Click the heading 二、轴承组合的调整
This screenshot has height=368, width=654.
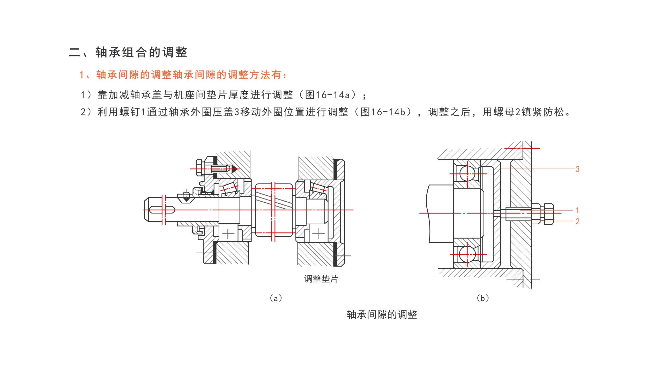point(128,52)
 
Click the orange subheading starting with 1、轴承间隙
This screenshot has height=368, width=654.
point(183,75)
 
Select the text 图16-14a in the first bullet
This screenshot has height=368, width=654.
point(327,95)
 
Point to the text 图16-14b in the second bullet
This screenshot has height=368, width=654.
point(383,112)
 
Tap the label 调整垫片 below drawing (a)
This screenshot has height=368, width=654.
point(321,279)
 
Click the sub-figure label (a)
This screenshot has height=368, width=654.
point(276,298)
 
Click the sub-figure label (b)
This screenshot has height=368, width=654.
point(482,298)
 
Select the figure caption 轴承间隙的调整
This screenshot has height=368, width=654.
point(382,315)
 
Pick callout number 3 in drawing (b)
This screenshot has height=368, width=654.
point(577,169)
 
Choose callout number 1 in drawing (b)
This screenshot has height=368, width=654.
point(577,210)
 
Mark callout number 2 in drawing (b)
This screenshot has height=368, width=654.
point(577,222)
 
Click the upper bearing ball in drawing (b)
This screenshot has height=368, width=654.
point(467,173)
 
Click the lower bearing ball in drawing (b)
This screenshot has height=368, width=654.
point(467,254)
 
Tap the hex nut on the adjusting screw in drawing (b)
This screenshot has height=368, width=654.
point(548,214)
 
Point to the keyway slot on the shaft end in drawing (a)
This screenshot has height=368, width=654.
point(162,210)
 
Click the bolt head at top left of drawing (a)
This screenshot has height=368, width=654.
point(199,168)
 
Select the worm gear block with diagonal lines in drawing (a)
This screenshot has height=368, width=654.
point(274,210)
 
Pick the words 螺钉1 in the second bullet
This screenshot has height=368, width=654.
point(133,112)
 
